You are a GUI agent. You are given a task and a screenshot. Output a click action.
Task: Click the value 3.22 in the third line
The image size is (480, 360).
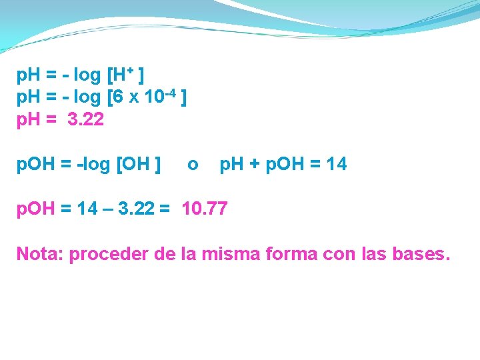[x=86, y=121]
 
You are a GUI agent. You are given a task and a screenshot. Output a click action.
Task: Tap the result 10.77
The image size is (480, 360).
[x=204, y=209]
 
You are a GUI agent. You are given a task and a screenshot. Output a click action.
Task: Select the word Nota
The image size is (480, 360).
[x=37, y=254]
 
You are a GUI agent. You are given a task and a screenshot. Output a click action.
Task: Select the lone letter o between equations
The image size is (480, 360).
[x=192, y=164]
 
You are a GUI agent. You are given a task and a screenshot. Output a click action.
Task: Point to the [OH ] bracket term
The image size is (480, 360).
[x=138, y=164]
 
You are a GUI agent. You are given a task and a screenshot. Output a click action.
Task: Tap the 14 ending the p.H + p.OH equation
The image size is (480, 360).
[x=337, y=164]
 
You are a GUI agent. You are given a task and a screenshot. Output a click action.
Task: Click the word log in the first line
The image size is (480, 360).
[x=87, y=75]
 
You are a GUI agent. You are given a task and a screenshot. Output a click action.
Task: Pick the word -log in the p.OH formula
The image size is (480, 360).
[x=93, y=164]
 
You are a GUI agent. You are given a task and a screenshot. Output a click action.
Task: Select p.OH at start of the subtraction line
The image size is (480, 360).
[x=36, y=209]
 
